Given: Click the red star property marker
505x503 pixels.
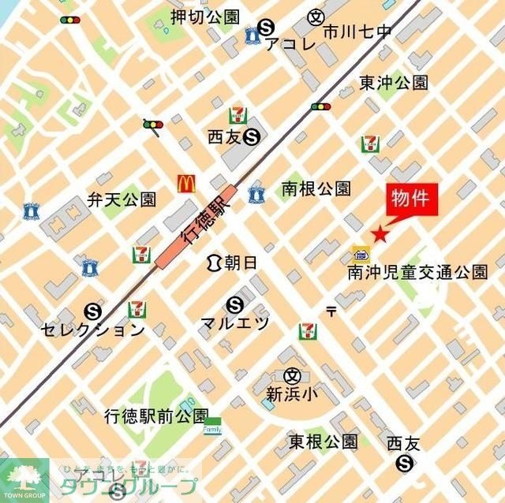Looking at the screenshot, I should click(x=380, y=233).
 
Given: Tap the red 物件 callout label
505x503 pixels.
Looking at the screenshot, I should click(x=410, y=199).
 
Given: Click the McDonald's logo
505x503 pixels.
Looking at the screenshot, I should click(x=186, y=183).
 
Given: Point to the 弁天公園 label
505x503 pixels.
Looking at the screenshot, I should click(x=122, y=199).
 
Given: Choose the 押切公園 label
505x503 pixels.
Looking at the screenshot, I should click(x=204, y=17).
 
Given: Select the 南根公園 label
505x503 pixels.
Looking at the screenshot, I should click(x=316, y=189).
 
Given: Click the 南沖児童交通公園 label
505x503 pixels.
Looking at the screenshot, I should click(x=417, y=273).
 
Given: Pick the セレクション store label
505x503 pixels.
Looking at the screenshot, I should click(x=92, y=330).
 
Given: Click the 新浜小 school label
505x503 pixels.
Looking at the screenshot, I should click(x=292, y=395).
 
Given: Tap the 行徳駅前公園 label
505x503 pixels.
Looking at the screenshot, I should click(x=156, y=415).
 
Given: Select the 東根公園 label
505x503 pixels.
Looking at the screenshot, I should click(x=323, y=441).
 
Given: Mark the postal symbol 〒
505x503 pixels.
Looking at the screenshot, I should click(x=331, y=311).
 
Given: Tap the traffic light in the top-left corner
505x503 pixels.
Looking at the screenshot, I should click(x=69, y=20).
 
